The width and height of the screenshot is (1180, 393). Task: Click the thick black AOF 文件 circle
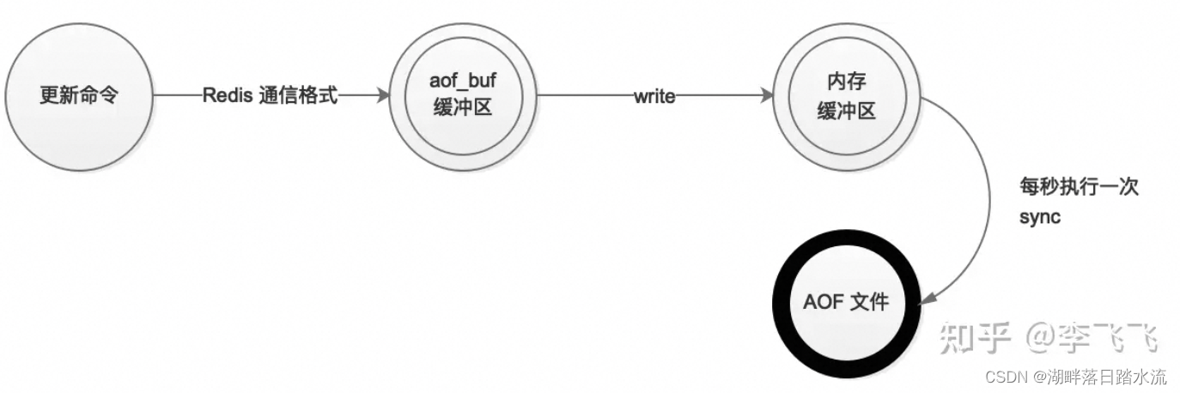pyautogui.click(x=845, y=302)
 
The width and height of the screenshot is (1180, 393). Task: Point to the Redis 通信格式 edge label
pyautogui.click(x=271, y=96)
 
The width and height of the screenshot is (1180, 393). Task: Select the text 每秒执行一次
pyautogui.click(x=1079, y=188)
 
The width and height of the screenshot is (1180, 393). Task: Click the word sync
pyautogui.click(x=1040, y=217)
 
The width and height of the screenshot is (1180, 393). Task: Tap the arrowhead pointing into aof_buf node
pyautogui.click(x=383, y=96)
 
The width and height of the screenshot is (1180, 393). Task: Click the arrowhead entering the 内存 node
pyautogui.click(x=768, y=96)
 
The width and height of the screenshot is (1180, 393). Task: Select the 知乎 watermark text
pyautogui.click(x=976, y=338)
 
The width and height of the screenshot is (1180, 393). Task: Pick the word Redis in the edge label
pyautogui.click(x=226, y=96)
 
